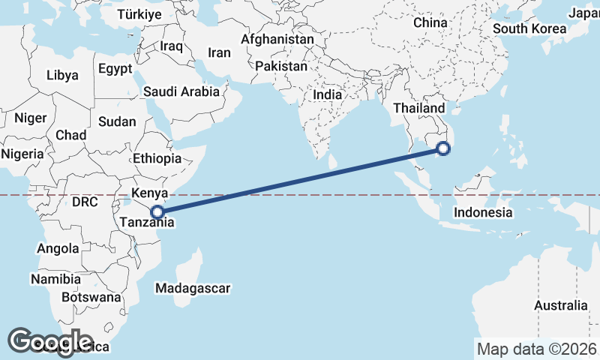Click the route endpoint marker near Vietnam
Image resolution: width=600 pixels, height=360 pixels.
point(443,148)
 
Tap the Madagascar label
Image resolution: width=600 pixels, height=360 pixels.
point(193,288)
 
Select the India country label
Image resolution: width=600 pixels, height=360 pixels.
point(327,95)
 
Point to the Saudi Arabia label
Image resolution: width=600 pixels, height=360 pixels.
point(181,91)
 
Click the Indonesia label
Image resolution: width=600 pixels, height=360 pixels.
point(482,213)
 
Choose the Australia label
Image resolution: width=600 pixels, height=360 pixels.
point(560,305)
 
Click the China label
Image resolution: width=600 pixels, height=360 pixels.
point(430,22)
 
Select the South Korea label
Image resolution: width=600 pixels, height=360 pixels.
point(529,29)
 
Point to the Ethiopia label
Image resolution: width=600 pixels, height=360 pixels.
point(157,159)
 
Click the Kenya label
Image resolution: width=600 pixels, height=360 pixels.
point(148,193)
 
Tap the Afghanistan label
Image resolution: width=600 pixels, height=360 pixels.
point(278,39)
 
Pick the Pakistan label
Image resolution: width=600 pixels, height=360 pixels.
point(281,67)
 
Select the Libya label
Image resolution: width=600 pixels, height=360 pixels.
point(62,75)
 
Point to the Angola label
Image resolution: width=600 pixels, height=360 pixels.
point(58,248)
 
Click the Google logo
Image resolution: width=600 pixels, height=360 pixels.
point(51,342)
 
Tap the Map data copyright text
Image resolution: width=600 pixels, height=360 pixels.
point(537,349)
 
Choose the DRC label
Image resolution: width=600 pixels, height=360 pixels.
point(85,202)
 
